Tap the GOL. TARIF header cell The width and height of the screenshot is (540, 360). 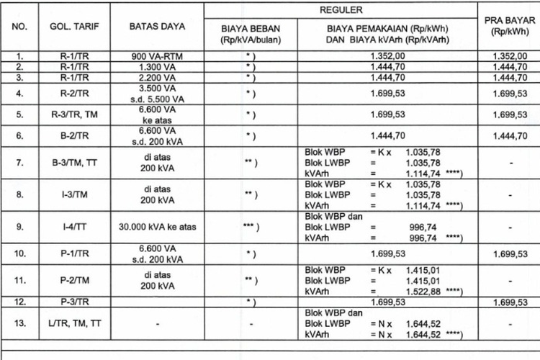coord(70,27)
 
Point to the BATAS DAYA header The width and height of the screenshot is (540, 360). coord(156,27)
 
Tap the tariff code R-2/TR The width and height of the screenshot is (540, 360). coord(70,93)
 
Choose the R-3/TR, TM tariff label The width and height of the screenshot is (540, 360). coord(70,114)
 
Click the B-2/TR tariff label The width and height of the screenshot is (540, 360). coord(70,135)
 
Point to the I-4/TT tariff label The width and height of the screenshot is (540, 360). coord(70,227)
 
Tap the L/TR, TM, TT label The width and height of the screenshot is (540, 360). coord(70,324)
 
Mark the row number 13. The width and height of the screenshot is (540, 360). coord(22,324)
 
